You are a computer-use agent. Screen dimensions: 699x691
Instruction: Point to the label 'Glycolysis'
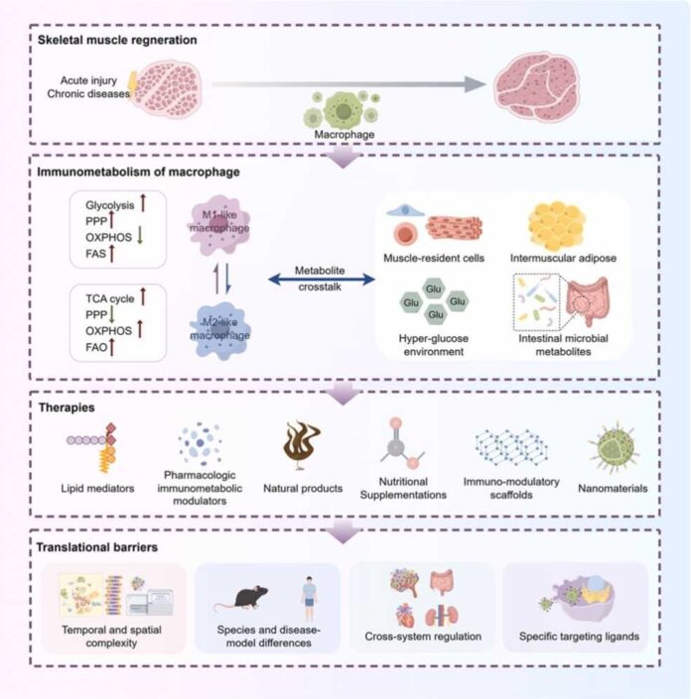[108, 205]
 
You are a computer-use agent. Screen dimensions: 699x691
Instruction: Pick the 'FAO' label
[97, 348]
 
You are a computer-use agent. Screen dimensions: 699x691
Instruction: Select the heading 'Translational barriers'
[92, 543]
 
